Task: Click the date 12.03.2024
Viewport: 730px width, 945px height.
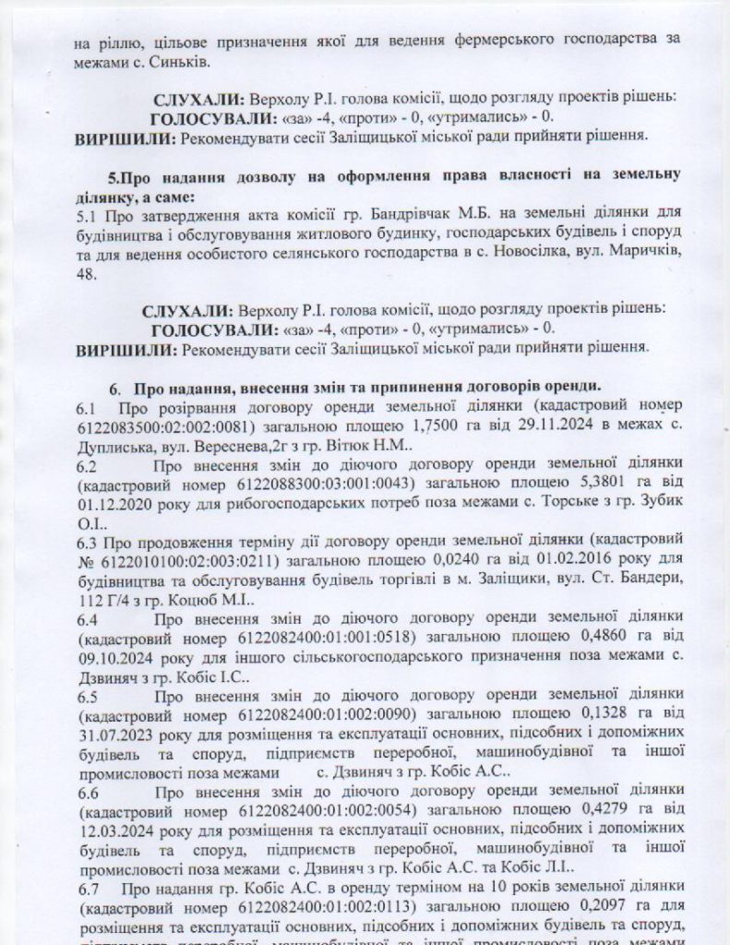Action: pyautogui.click(x=114, y=834)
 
